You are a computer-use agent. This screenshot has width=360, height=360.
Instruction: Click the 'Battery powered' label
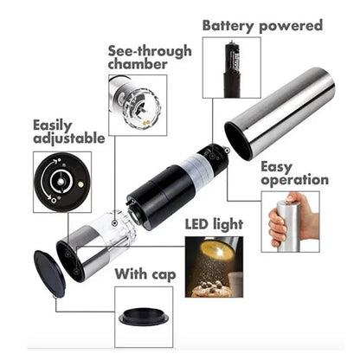[x=261, y=25]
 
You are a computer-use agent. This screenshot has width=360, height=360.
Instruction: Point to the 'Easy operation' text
[x=294, y=172]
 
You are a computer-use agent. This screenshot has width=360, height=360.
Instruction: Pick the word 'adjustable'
[x=68, y=138]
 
